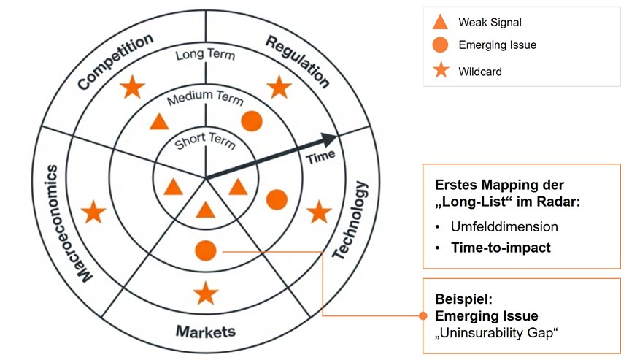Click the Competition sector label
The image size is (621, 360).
(x=115, y=61)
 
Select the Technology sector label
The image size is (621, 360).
(x=352, y=220)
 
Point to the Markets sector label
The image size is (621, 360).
(x=206, y=332)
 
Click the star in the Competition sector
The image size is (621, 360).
(x=132, y=88)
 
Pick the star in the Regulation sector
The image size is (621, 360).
(x=279, y=88)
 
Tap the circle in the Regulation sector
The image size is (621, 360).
(x=251, y=121)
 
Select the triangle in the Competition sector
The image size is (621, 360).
(x=159, y=122)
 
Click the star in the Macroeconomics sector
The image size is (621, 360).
(x=93, y=213)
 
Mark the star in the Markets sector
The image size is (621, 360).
(x=206, y=294)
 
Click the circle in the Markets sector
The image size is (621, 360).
(x=206, y=251)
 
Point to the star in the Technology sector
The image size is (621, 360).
(x=318, y=212)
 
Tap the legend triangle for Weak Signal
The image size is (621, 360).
(x=440, y=22)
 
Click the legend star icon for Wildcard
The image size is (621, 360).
(x=440, y=71)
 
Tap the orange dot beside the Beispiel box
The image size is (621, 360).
(x=423, y=316)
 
